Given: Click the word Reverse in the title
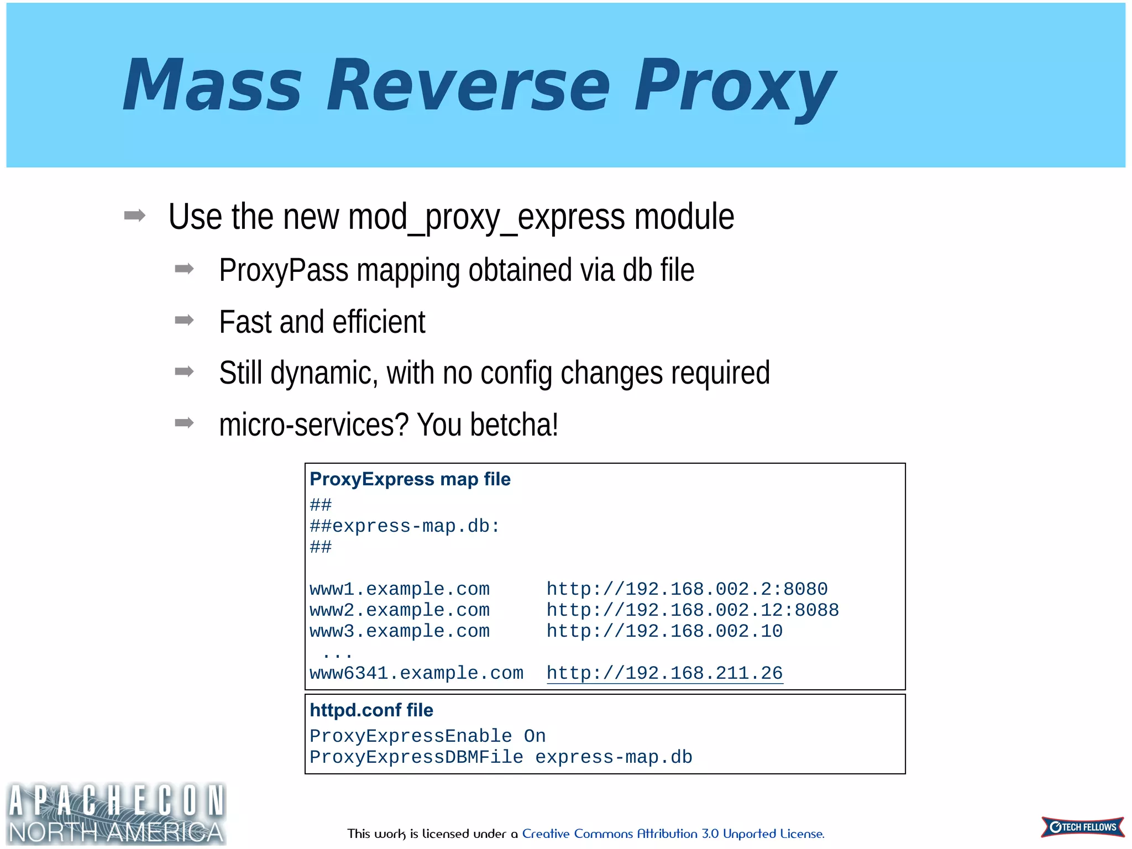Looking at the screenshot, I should (x=468, y=86).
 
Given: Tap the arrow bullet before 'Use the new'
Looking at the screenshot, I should (x=135, y=216).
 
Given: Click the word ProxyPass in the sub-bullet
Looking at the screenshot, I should (x=284, y=271).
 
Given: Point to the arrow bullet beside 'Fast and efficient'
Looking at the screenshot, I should (x=184, y=320).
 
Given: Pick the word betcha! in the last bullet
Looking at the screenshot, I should (x=514, y=425).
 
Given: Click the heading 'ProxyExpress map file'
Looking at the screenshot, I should (x=410, y=479).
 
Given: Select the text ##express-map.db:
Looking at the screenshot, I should (x=405, y=526).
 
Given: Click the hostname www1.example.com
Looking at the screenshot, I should (x=400, y=589).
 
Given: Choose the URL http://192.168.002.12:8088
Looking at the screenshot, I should (x=692, y=610).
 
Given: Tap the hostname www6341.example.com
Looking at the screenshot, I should (x=416, y=673).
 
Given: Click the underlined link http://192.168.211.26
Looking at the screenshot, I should (x=664, y=673).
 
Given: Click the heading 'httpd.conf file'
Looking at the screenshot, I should (x=371, y=710).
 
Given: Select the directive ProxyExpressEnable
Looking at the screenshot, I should (x=411, y=736).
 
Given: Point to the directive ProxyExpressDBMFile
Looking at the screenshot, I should (x=416, y=757).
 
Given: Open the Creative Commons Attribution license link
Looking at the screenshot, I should (x=673, y=834).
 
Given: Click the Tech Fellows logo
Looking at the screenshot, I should (x=1082, y=827).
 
